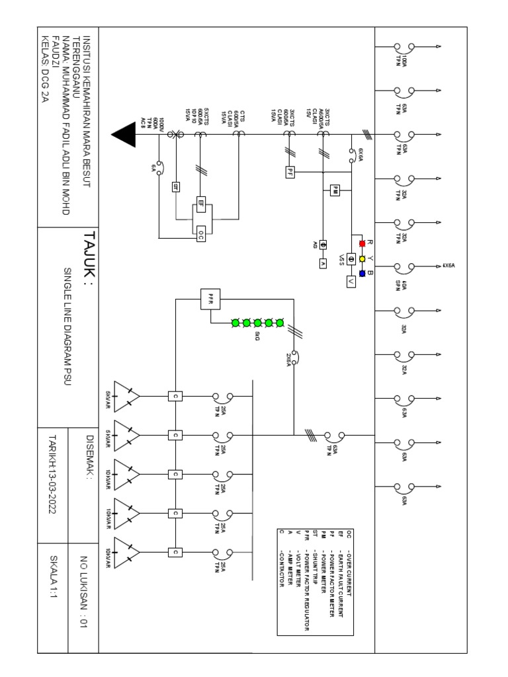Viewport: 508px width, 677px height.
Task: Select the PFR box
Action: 210,299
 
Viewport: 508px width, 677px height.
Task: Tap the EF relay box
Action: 201,204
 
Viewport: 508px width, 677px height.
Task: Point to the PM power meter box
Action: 335,190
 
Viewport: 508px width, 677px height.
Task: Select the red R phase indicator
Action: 362,243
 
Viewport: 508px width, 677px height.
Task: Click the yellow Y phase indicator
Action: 362,259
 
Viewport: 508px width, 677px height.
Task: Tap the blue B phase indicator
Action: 362,273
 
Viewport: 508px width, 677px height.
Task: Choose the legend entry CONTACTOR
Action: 281,569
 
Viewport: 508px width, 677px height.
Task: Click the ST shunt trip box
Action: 176,186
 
